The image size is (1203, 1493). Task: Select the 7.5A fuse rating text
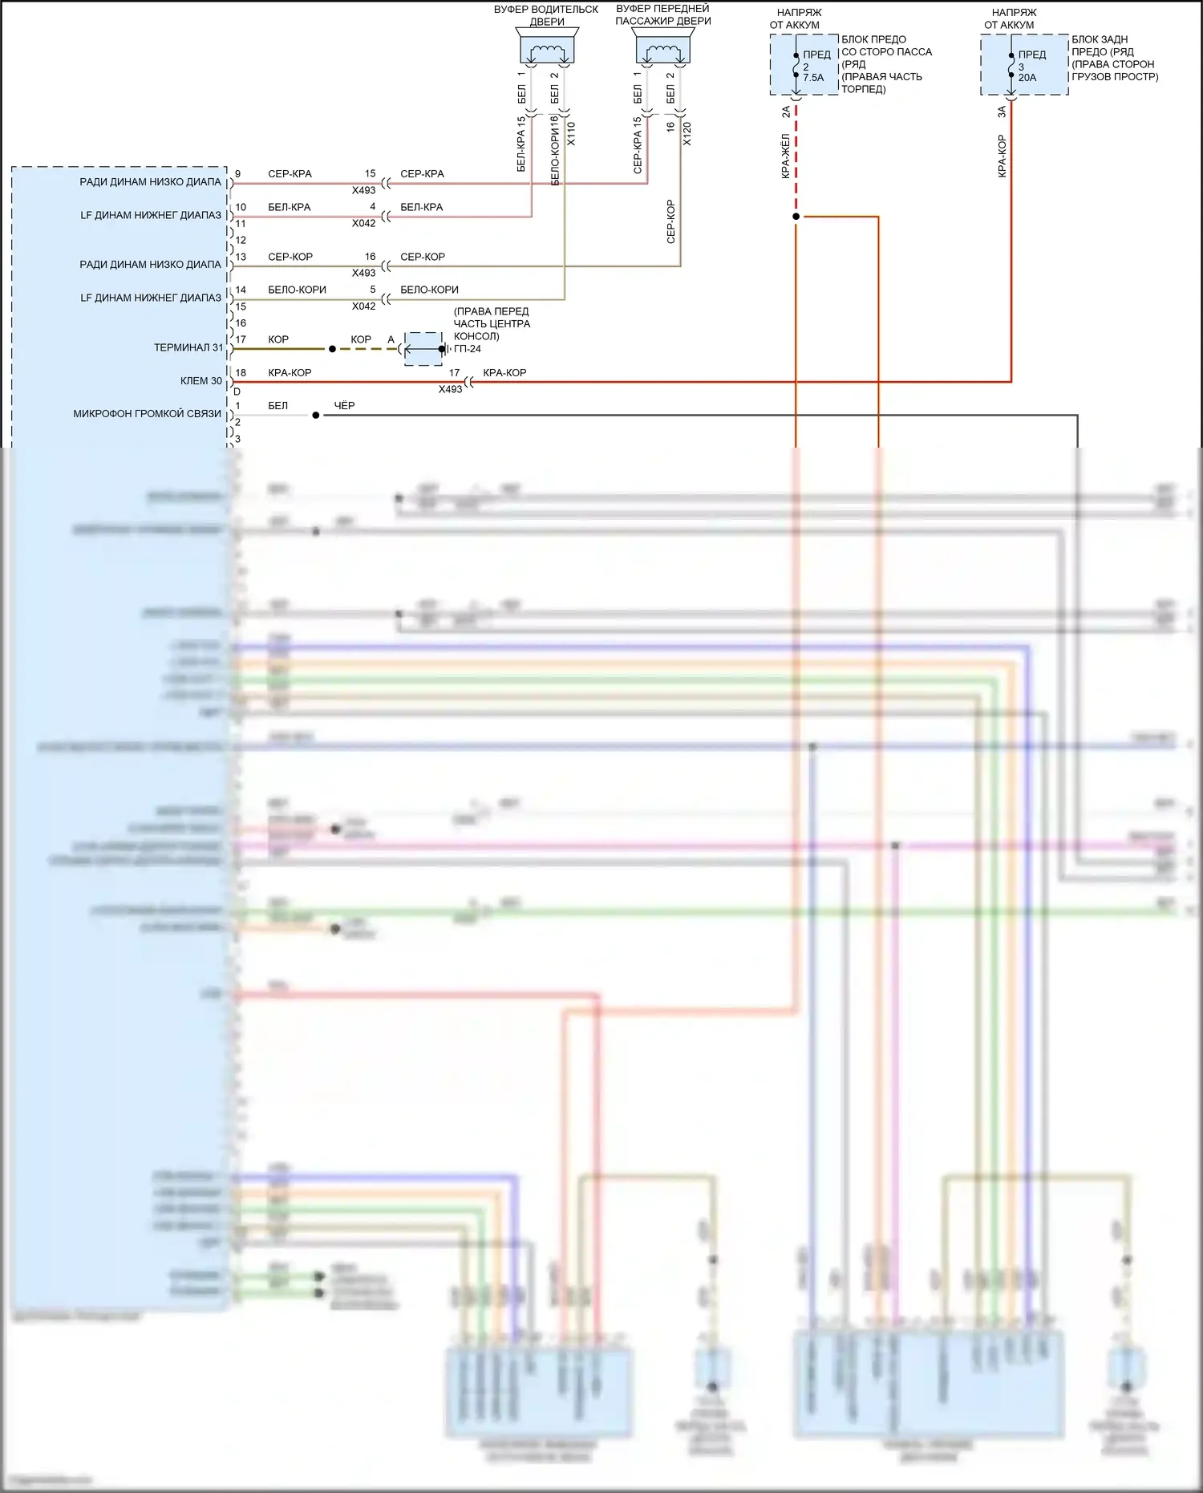[813, 78]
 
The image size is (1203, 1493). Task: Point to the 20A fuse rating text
[1027, 78]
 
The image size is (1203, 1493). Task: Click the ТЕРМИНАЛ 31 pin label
[188, 347]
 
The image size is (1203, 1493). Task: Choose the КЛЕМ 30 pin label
[200, 381]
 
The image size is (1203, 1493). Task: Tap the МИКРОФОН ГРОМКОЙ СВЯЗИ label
[147, 414]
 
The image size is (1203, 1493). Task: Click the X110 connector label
[571, 133]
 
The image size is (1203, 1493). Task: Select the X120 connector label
[687, 133]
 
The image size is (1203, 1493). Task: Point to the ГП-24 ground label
[468, 349]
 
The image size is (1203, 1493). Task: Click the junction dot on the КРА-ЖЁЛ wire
[796, 217]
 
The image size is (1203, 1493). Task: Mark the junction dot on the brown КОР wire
[332, 349]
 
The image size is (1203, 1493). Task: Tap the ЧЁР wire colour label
[344, 406]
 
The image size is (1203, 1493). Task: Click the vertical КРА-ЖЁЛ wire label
[786, 156]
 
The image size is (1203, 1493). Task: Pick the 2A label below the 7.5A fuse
[786, 112]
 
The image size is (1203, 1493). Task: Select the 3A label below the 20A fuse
[1002, 112]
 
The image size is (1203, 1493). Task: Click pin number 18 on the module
[241, 373]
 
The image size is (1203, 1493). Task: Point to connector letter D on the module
[237, 392]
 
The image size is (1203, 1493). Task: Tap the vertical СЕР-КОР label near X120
[670, 221]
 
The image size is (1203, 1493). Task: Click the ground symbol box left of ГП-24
[423, 349]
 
